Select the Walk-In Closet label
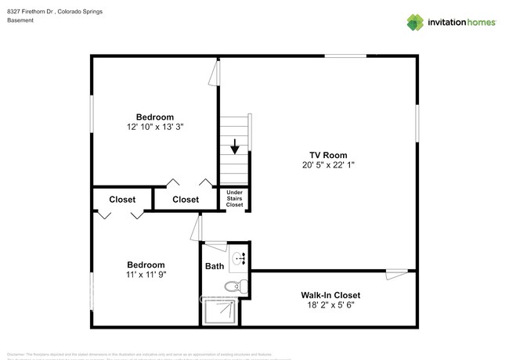click(x=330, y=295)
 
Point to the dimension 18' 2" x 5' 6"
click(x=330, y=305)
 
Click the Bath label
click(x=215, y=266)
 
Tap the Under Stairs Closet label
click(x=235, y=198)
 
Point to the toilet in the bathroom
click(x=234, y=286)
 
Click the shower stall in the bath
click(x=222, y=312)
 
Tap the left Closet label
click(x=121, y=200)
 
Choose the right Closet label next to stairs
click(x=186, y=200)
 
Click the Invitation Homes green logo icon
click(x=414, y=22)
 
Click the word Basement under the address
click(x=21, y=21)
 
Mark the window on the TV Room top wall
click(x=345, y=56)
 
